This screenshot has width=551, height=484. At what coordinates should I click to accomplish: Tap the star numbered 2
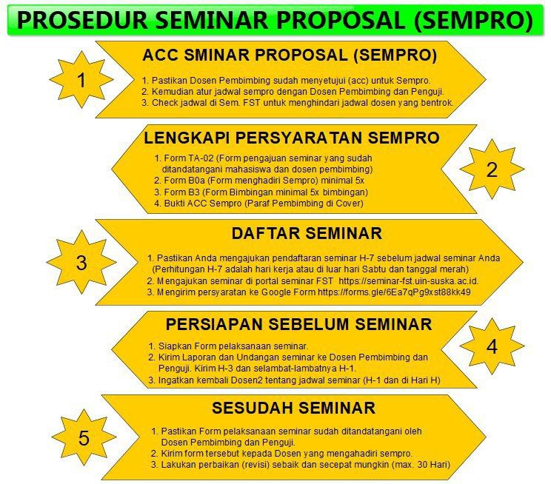[x=492, y=169]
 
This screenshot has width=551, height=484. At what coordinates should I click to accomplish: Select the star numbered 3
[x=81, y=262]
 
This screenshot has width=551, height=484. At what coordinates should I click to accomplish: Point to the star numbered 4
[x=492, y=346]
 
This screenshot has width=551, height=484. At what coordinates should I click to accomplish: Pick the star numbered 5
[x=84, y=438]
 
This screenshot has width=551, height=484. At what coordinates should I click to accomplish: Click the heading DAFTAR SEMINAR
[x=307, y=234]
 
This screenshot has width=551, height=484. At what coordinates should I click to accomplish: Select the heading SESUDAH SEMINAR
[x=293, y=408]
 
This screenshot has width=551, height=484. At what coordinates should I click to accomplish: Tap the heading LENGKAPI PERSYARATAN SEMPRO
[x=292, y=138]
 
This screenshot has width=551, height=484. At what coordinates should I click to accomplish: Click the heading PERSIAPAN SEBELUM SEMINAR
[x=298, y=323]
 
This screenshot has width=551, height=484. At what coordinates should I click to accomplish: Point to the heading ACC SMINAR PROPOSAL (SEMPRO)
[x=290, y=55]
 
